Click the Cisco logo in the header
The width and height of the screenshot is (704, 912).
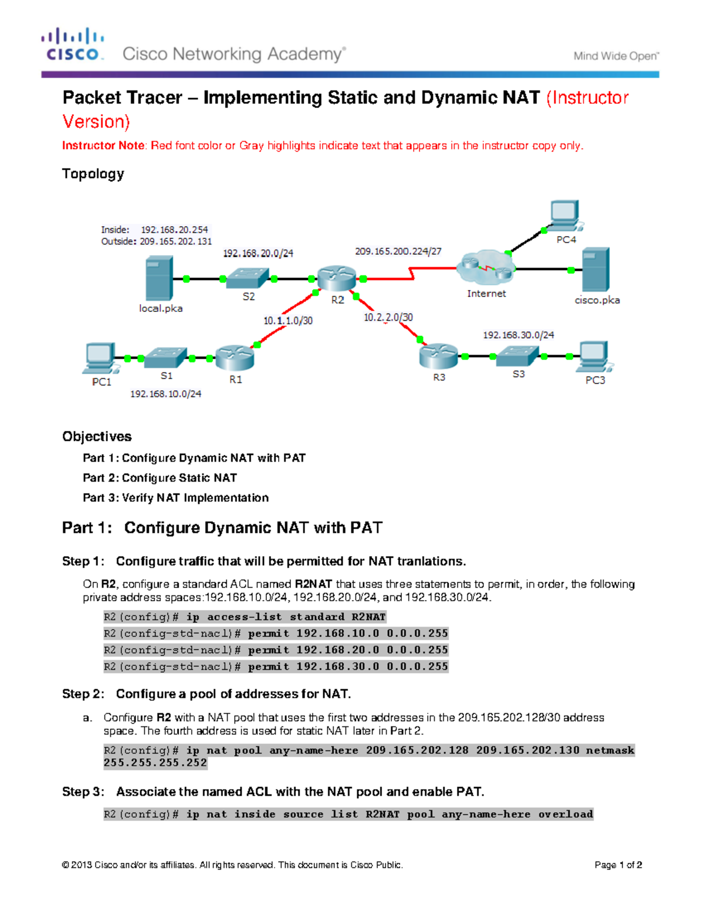click(73, 45)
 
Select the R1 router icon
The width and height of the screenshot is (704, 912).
click(234, 358)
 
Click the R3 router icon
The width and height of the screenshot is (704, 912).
click(438, 355)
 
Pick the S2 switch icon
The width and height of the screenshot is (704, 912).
click(248, 278)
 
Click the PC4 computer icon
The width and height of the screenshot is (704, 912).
click(564, 216)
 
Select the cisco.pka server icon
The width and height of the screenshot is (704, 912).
click(596, 270)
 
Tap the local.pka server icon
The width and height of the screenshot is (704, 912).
click(159, 278)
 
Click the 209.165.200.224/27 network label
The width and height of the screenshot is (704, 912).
click(398, 251)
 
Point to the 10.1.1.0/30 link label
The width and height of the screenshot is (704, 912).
click(287, 321)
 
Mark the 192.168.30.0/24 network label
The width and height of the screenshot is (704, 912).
click(518, 335)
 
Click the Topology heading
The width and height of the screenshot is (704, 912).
click(93, 174)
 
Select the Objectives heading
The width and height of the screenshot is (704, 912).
click(97, 436)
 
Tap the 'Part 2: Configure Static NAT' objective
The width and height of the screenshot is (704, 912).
click(160, 478)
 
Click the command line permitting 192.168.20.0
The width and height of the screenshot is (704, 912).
click(276, 650)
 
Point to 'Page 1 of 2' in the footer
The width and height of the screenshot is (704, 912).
click(618, 865)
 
